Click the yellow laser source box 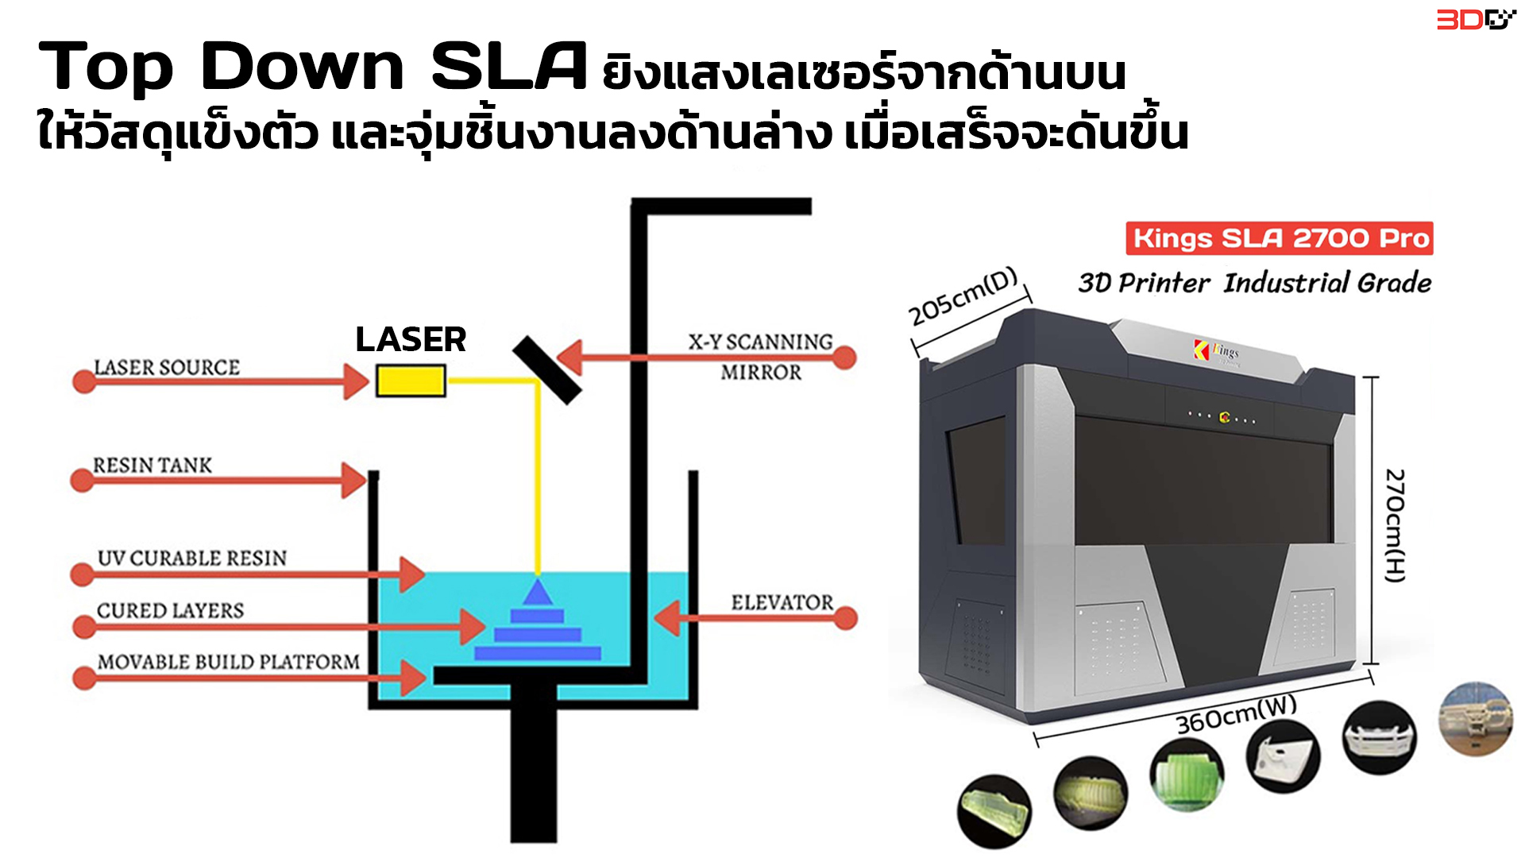pos(411,381)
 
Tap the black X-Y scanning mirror pos(547,370)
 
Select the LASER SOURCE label pos(167,367)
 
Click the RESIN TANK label pos(152,465)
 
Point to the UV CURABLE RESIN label pos(192,558)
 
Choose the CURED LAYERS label pos(170,610)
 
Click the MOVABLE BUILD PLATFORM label pos(229,662)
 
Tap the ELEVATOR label pos(782,602)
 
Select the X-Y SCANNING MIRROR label pos(761,357)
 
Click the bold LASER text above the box pos(411,339)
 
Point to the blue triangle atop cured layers pos(538,593)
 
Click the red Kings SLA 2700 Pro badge pos(1280,238)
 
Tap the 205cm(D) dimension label pos(963,297)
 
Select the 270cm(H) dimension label pos(1396,525)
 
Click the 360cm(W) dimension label pos(1236,714)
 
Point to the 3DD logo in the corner pos(1476,19)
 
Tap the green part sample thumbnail pos(1187,775)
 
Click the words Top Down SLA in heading pos(313,67)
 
